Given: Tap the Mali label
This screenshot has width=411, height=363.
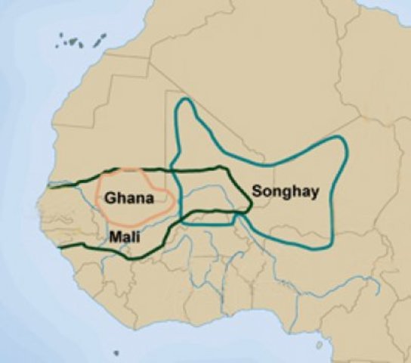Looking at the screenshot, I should [122, 237].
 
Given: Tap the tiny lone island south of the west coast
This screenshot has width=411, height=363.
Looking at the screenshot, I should [116, 352].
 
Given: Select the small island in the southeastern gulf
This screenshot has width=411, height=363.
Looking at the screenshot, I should [319, 345].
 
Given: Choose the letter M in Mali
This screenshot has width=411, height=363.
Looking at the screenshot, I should [113, 237].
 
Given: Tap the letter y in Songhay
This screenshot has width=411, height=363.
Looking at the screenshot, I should [314, 193].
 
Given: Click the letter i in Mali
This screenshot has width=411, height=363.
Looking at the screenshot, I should [135, 237].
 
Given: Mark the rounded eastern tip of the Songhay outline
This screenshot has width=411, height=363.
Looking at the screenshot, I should [348, 151].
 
